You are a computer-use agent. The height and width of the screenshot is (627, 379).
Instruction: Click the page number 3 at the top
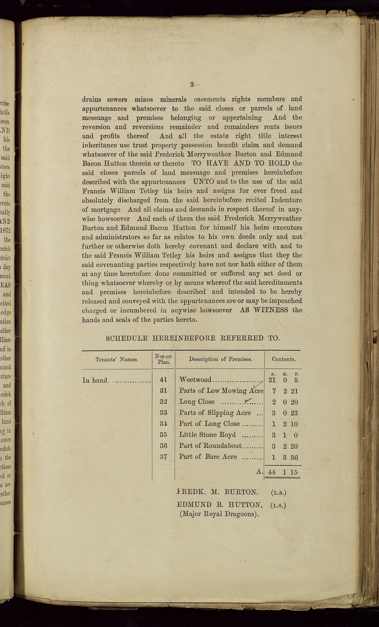click(192, 85)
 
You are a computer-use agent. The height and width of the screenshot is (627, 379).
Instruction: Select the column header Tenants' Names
click(117, 360)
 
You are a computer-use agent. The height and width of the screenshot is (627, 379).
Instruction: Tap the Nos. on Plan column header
click(163, 359)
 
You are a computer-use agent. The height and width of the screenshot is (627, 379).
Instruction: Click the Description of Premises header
click(220, 359)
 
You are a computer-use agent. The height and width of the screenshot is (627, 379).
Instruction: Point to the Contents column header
click(283, 359)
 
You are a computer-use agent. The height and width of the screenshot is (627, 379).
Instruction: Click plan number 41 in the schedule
click(163, 380)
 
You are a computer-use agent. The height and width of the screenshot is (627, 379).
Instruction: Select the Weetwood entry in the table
click(195, 380)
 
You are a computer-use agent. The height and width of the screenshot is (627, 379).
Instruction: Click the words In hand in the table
click(95, 380)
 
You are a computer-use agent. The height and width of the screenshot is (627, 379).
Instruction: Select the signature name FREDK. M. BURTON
click(217, 492)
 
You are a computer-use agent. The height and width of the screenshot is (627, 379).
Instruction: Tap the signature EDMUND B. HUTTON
click(220, 505)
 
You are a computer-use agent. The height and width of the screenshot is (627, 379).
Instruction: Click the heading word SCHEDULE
click(126, 339)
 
